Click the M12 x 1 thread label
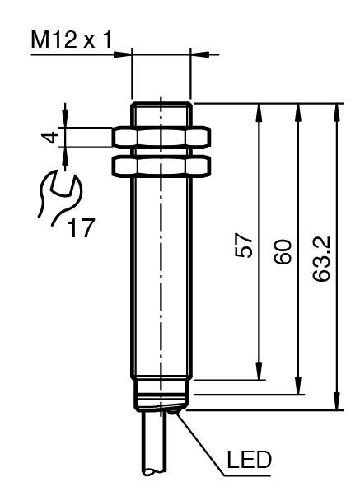point(72,40)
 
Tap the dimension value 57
point(244,246)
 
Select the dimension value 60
point(283,252)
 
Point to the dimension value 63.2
point(321,259)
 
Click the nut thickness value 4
point(50,138)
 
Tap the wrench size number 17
point(81,227)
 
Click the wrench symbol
point(59,197)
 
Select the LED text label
point(250,460)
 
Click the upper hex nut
point(161,138)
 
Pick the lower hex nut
point(161,166)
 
